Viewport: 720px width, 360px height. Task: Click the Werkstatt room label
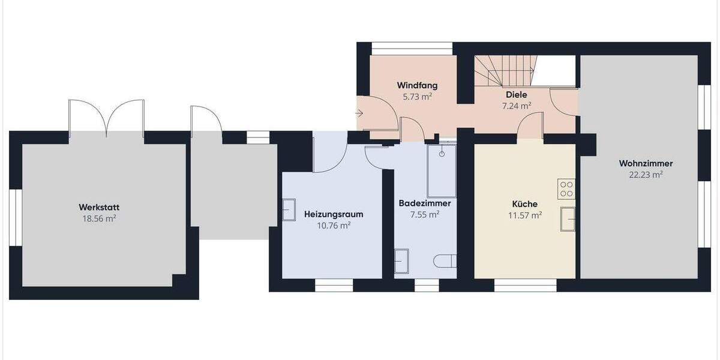coord(98,208)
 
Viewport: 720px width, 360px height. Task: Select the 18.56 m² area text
coord(98,219)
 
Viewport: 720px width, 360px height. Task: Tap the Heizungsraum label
coord(334,214)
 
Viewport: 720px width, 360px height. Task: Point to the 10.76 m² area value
coord(334,226)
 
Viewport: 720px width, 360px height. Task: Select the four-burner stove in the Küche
coord(566,189)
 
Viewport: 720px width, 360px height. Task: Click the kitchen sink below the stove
coord(568,218)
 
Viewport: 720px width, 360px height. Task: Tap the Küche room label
coord(525,203)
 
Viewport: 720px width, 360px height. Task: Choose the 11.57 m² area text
coord(525,215)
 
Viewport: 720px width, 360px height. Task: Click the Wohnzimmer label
coord(646,163)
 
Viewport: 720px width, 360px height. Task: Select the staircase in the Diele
coord(504,71)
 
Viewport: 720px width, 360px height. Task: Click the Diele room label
coord(516,95)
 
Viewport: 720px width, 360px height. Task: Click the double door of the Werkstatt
coord(106,117)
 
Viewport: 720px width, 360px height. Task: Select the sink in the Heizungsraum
coord(289,210)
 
